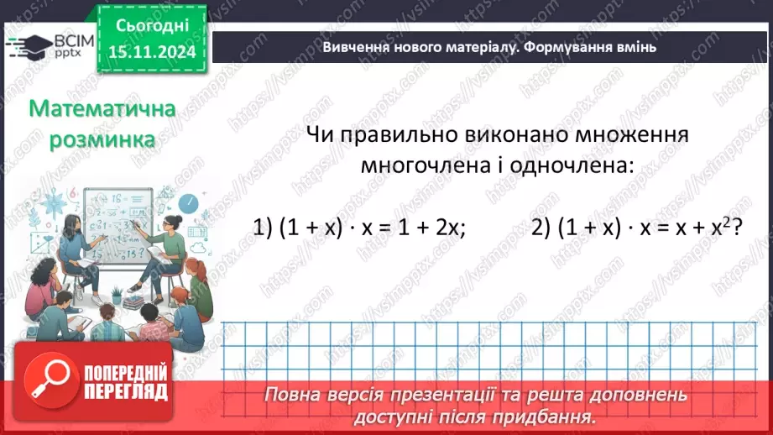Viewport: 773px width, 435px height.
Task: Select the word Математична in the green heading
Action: (x=102, y=110)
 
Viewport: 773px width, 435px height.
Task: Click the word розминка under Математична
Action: (x=102, y=139)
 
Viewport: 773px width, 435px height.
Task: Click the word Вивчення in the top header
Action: (x=355, y=47)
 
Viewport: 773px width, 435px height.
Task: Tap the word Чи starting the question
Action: (x=319, y=134)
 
